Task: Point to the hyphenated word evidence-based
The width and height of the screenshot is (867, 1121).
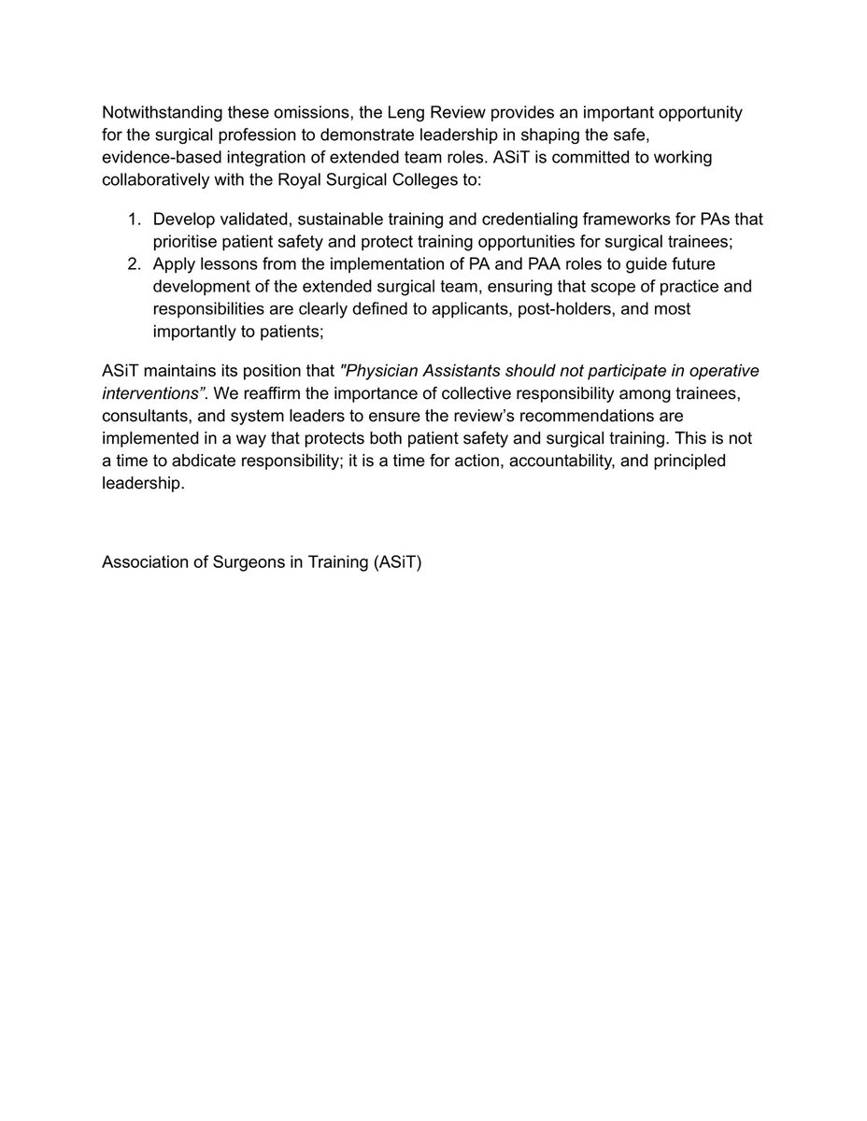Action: [x=160, y=158]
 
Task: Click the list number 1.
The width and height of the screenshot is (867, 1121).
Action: [x=133, y=220]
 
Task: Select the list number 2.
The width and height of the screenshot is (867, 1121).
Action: [x=133, y=264]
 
